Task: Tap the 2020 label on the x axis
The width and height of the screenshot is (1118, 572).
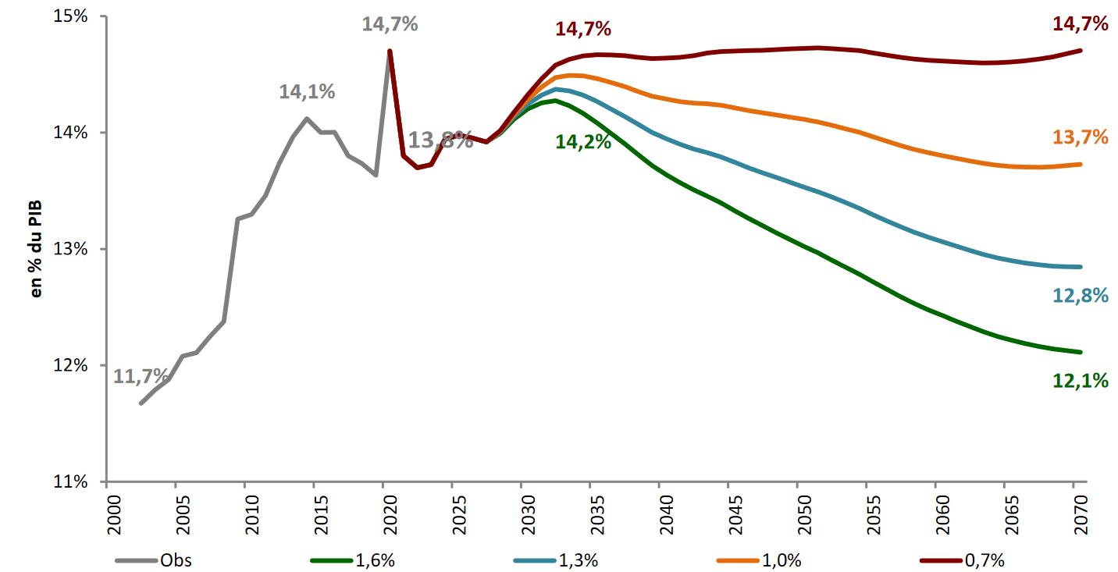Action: [383, 510]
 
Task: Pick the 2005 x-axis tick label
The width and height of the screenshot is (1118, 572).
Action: [176, 510]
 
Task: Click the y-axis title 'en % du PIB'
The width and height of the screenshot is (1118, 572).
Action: [36, 249]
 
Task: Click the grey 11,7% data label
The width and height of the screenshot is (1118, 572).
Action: [141, 377]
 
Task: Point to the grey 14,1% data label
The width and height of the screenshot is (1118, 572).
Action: [307, 91]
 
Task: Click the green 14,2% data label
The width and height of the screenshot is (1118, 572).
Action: [583, 142]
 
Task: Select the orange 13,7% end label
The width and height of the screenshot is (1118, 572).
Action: [1081, 137]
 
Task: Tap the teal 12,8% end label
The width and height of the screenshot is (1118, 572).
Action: [1081, 295]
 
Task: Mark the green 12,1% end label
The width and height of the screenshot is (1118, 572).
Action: [1081, 381]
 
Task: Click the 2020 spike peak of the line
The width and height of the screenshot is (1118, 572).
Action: [390, 51]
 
